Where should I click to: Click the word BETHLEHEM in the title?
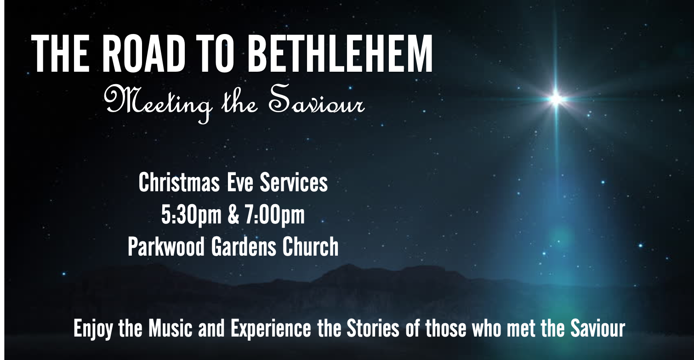pyautogui.click(x=340, y=53)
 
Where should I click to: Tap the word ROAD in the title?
pyautogui.click(x=143, y=53)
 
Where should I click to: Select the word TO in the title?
pyautogui.click(x=215, y=53)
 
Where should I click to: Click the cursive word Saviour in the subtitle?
pyautogui.click(x=316, y=99)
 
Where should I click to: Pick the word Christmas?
pyautogui.click(x=179, y=183)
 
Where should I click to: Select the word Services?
pyautogui.click(x=294, y=183)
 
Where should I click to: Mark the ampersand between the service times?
pyautogui.click(x=233, y=215)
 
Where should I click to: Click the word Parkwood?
pyautogui.click(x=166, y=247)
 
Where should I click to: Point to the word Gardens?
pyautogui.click(x=244, y=247)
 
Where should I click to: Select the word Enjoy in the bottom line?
pyautogui.click(x=93, y=329)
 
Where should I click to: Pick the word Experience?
pyautogui.click(x=271, y=329)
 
